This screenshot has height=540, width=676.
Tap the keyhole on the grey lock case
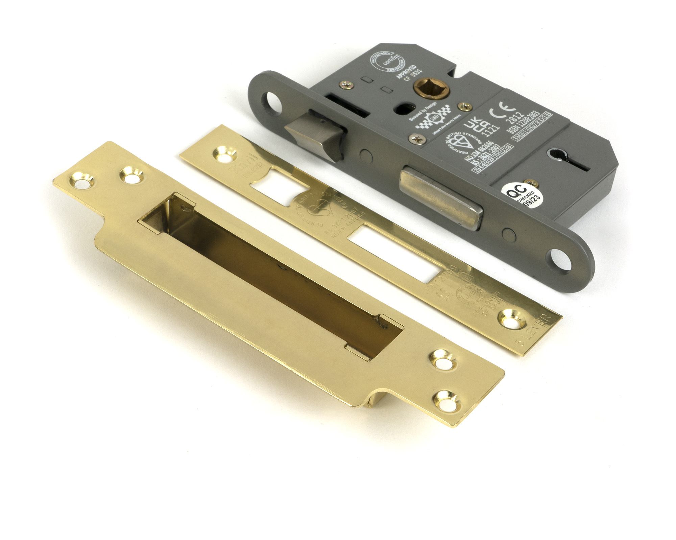coord(563,158)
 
